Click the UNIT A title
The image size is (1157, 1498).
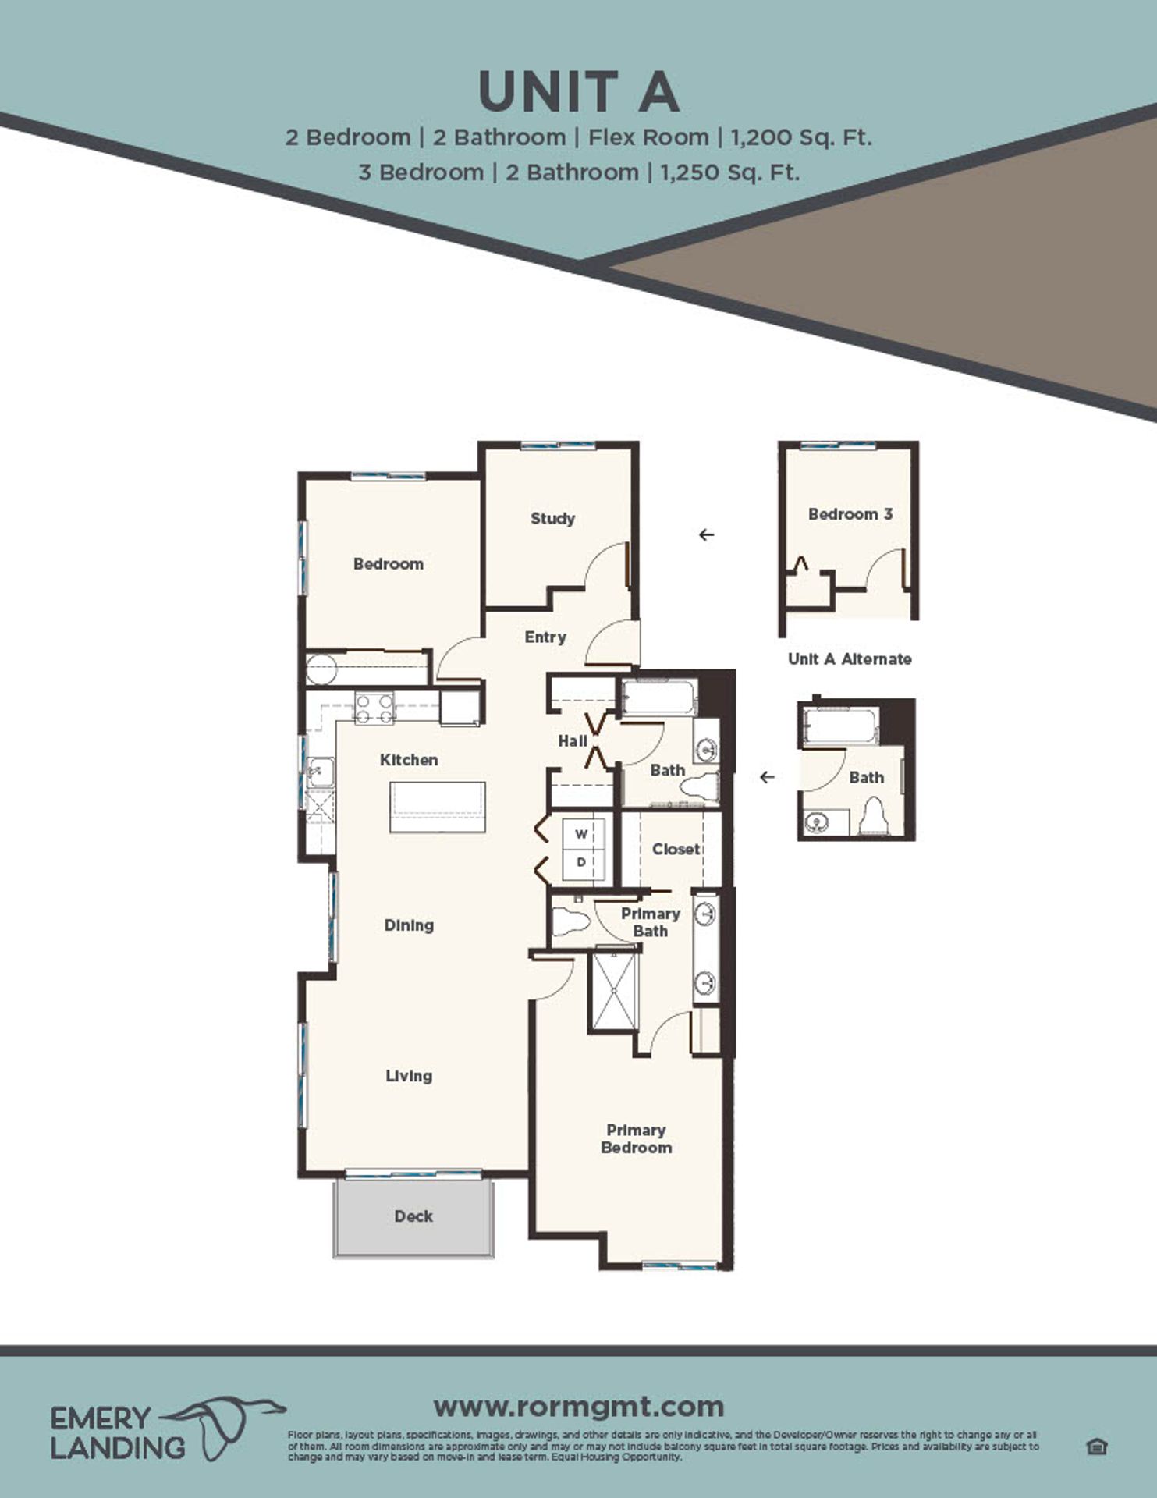(578, 92)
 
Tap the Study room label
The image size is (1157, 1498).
(552, 518)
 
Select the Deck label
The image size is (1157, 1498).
(413, 1216)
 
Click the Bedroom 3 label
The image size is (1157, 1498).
(850, 514)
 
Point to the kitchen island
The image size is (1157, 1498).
(438, 807)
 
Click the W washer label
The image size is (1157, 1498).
(581, 834)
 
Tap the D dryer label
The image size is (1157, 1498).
(581, 862)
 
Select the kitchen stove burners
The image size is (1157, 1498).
(374, 708)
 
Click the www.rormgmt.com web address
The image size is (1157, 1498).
(578, 1407)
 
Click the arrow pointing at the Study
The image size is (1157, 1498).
(707, 534)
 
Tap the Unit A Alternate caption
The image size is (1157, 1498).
(850, 658)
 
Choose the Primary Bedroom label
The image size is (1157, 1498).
(636, 1138)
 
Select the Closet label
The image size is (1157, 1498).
(676, 849)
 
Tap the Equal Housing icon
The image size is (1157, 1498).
(1097, 1447)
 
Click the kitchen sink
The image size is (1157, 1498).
(320, 772)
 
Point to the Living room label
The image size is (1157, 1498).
(409, 1076)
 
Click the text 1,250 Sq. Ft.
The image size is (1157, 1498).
(729, 172)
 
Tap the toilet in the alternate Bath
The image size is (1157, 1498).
(873, 817)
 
